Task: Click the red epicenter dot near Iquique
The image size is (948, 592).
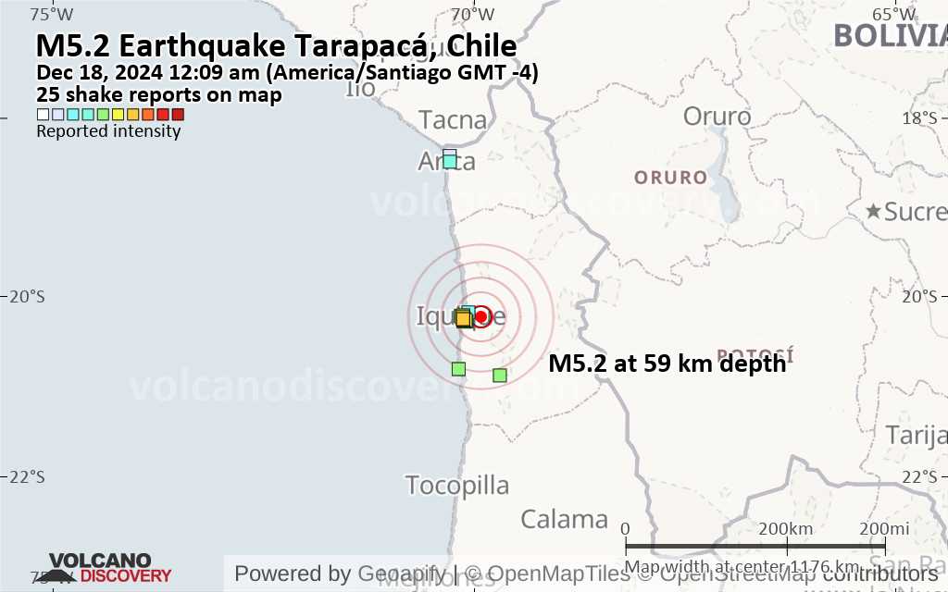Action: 480,316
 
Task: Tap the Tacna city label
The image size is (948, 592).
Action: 453,119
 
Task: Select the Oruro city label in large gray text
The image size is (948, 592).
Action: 717,117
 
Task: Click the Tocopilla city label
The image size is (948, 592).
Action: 457,486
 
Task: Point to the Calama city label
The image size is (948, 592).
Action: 564,519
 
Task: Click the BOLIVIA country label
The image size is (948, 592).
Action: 889,35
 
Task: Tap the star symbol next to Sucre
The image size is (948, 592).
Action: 873,211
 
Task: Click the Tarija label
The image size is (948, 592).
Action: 916,435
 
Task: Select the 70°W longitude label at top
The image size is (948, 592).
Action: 472,14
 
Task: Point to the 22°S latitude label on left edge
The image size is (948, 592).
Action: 27,476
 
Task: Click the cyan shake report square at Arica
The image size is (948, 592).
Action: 450,161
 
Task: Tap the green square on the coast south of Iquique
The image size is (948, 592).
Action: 458,369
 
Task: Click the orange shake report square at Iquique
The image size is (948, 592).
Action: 463,319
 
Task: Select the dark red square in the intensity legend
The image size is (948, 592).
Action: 178,115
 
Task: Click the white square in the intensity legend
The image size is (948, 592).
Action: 43,115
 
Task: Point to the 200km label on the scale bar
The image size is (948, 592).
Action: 786,528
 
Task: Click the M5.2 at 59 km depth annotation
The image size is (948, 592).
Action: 667,364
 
